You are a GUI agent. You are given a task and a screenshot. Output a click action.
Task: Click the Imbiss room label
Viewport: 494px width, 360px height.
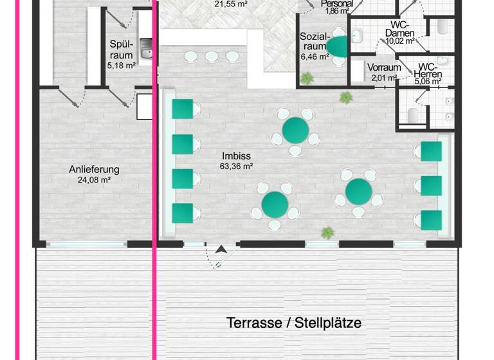[x=236, y=156]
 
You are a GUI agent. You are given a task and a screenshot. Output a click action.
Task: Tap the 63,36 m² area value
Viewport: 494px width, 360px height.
[x=236, y=166]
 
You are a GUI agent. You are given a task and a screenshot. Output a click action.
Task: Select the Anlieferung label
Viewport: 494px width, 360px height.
[x=95, y=170]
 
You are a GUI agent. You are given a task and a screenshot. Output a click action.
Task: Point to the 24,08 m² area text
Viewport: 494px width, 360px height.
[x=95, y=180]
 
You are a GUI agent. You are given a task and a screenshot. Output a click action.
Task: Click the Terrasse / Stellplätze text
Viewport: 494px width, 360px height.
[x=293, y=322]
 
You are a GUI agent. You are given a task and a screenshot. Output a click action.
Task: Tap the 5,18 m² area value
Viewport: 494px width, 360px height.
[x=122, y=65]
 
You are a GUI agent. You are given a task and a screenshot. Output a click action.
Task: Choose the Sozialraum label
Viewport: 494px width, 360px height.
[x=315, y=41]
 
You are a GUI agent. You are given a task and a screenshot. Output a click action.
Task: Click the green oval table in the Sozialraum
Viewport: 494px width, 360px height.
[x=338, y=45]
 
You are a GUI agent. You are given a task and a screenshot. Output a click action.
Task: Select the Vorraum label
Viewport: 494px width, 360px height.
[x=385, y=67]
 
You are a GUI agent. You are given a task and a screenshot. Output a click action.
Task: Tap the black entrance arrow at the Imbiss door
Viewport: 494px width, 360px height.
[x=222, y=249]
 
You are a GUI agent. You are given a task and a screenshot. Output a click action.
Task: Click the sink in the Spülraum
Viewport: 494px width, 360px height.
[x=146, y=49]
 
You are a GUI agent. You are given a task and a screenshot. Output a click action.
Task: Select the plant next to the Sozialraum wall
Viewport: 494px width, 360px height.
[x=307, y=78]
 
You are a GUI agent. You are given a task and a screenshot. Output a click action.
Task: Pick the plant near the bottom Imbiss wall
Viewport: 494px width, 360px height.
[x=328, y=231]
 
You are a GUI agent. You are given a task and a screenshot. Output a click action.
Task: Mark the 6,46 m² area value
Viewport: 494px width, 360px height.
[x=315, y=57]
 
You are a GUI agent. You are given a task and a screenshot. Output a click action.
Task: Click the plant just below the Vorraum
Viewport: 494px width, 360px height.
[x=346, y=98]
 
